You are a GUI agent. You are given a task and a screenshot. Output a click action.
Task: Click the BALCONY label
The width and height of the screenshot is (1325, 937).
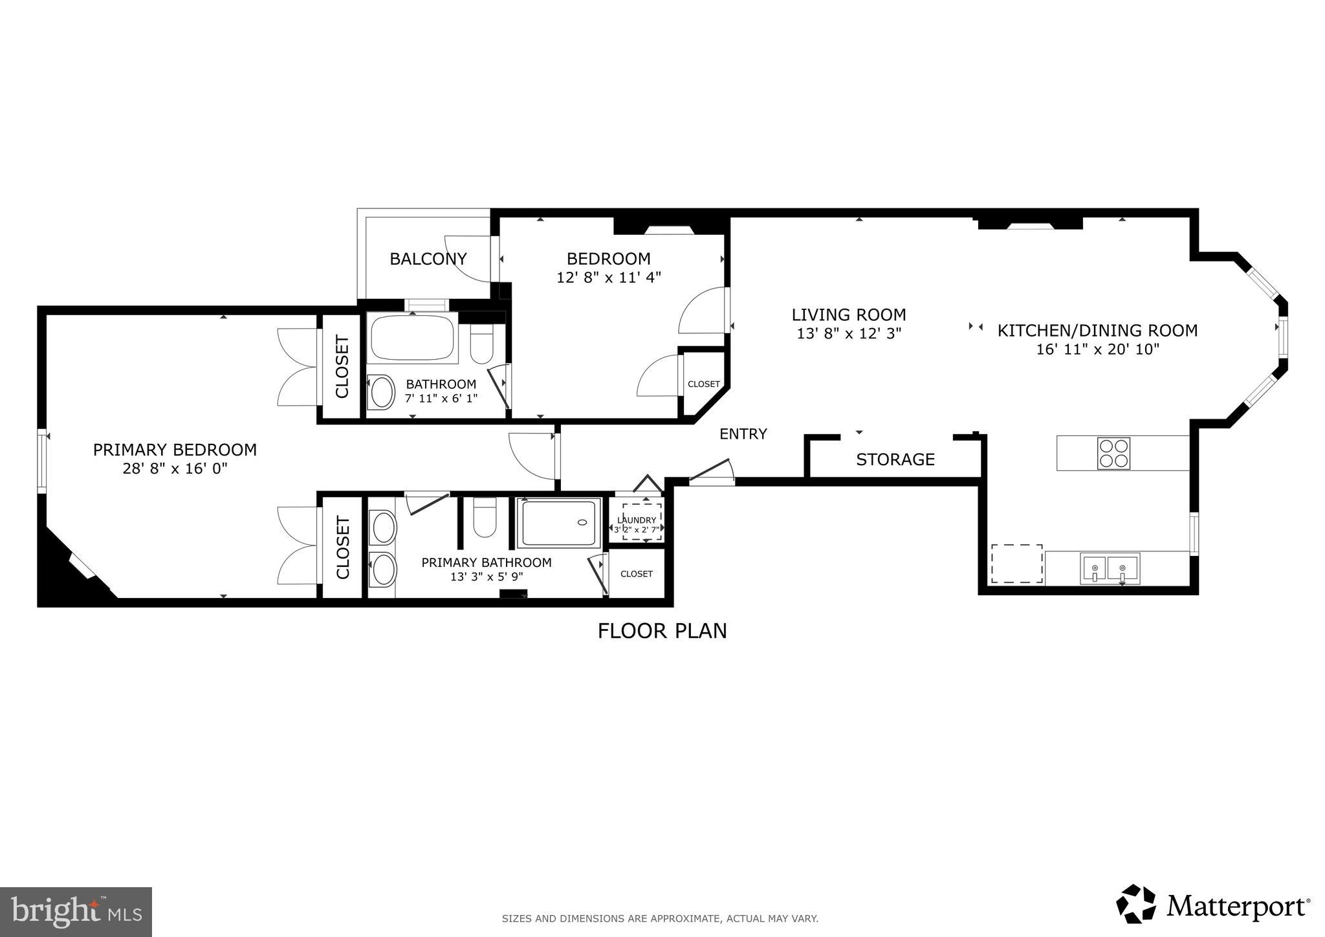coord(428,259)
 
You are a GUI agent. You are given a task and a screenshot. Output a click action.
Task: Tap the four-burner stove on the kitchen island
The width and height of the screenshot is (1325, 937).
coord(1113,453)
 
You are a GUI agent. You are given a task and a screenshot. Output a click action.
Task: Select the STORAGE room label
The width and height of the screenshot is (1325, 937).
coord(895,459)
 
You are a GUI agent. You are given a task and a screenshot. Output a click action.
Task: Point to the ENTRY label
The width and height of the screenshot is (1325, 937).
coord(743,434)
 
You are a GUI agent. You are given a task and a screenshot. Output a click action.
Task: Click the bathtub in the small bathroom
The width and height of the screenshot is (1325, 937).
coord(413,338)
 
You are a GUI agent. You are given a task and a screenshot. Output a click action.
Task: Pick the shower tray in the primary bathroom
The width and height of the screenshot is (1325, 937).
coord(559,523)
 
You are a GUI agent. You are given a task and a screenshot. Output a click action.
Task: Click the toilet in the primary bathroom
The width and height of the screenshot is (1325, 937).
coord(485,517)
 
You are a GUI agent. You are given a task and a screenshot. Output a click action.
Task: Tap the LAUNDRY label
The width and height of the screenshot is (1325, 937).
coord(637,520)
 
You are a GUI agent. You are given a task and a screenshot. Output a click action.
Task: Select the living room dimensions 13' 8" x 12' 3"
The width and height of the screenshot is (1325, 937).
coord(849,334)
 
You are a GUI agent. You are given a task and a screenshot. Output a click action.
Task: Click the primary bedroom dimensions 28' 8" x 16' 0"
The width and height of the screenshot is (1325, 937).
coord(175,469)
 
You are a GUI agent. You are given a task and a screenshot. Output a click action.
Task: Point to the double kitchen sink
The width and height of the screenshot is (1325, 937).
coord(1109,569)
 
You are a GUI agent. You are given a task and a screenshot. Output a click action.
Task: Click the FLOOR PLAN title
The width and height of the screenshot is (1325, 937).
coord(662,631)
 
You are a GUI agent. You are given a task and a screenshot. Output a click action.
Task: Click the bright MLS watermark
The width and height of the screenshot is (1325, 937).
coord(76,912)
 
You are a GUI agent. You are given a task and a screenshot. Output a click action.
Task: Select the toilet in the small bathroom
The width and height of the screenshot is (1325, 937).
coord(481,343)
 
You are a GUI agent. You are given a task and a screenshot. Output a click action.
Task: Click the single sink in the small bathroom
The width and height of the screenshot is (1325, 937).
coord(381,392)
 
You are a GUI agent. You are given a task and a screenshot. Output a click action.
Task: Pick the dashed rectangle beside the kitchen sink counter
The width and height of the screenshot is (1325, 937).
coord(1016,564)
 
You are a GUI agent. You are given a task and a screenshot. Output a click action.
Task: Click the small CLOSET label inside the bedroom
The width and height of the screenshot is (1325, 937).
coord(703,384)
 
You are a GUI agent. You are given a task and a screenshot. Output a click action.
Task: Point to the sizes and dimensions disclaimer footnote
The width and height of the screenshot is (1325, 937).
coord(660,918)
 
